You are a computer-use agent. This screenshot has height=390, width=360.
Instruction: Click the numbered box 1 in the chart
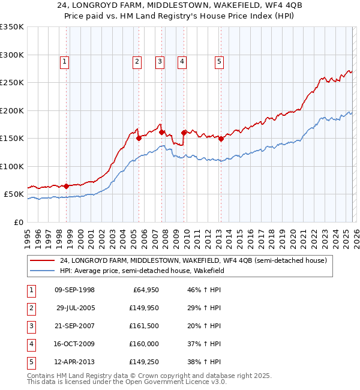[x=64, y=61]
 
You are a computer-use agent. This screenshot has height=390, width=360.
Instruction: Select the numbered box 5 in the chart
[x=219, y=61]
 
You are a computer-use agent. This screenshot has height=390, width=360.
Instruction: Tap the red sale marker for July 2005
[x=139, y=138]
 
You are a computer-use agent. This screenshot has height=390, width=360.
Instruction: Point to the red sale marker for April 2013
[x=221, y=139]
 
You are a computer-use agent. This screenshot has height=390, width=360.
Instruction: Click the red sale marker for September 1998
[x=66, y=185]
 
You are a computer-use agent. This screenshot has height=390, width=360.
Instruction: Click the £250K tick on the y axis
[x=13, y=83]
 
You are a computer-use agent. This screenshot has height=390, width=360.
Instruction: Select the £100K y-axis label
[x=13, y=166]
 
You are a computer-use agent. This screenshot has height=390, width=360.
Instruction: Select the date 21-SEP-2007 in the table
[x=74, y=326]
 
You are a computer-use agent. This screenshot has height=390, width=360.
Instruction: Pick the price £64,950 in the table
[x=142, y=290]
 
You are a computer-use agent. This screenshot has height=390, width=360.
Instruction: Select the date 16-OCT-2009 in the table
[x=74, y=344]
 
